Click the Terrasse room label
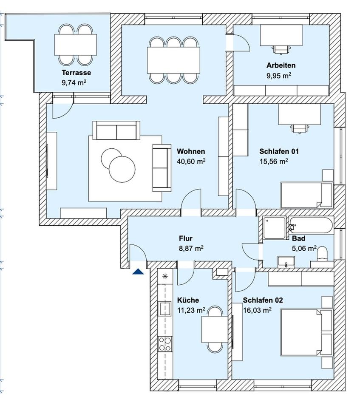76,73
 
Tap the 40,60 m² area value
191,161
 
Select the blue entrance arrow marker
137,271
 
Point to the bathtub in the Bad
312,225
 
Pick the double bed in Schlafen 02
302,332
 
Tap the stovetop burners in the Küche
164,343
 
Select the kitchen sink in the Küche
164,307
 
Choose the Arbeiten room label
281,65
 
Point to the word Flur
186,239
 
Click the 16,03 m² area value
257,311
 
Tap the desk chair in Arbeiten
280,49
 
